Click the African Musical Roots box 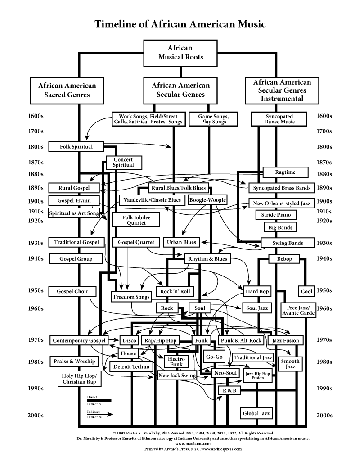pos(180,53)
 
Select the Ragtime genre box pos(285,172)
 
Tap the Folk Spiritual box pos(76,146)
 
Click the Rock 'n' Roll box pos(175,291)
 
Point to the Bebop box pos(284,259)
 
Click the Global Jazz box pos(257,413)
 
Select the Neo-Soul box pos(225,373)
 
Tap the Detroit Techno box pos(132,366)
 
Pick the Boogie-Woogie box pos(207,200)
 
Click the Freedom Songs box pos(131,297)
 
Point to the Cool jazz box pos(306,291)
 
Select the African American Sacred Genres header pos(67,90)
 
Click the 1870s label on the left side pos(35,162)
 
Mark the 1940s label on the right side pos(324,259)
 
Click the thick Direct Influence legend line pos(99,400)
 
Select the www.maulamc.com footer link pos(180,443)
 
